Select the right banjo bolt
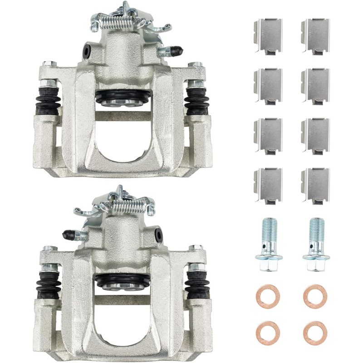(x=314, y=245)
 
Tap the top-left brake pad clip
(x=268, y=35)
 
